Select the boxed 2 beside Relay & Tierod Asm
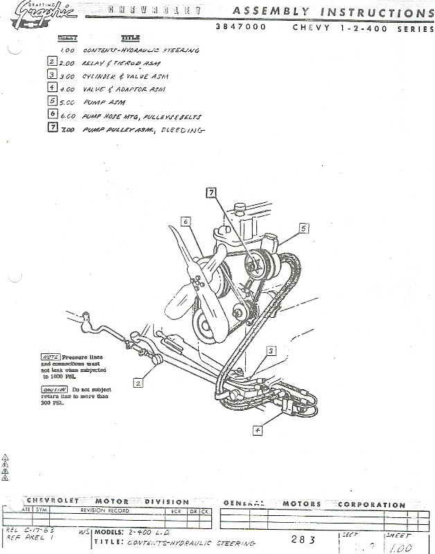coord(52,62)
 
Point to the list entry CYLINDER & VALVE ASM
coord(125,75)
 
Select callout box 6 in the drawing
coord(186,222)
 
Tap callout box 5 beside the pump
coord(303,227)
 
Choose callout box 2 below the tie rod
coord(139,382)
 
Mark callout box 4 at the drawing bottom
coord(258,429)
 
